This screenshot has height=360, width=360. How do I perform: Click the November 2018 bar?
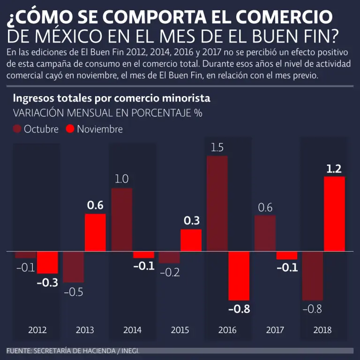pyautogui.click(x=334, y=214)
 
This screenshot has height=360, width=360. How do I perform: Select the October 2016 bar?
pyautogui.click(x=217, y=204)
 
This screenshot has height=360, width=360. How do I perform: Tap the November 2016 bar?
pyautogui.click(x=239, y=276)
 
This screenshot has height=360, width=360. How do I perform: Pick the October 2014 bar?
pyautogui.click(x=121, y=220)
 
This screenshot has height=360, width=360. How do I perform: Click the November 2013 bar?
pyautogui.click(x=95, y=233)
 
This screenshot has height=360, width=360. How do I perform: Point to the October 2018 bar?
pyautogui.click(x=313, y=276)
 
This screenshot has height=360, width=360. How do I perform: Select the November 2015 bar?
pyautogui.click(x=191, y=240)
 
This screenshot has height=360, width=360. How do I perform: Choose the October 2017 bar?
pyautogui.click(x=265, y=233)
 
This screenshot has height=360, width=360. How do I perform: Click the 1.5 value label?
pyautogui.click(x=217, y=148)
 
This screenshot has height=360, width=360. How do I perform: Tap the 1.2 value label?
pyautogui.click(x=334, y=169)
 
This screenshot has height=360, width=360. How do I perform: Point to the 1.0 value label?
pyautogui.click(x=121, y=179)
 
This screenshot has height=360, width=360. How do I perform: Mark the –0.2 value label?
pyautogui.click(x=169, y=272)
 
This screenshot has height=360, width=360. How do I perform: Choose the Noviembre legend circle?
pyautogui.click(x=70, y=129)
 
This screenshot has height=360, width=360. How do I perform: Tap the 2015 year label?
pyautogui.click(x=180, y=330)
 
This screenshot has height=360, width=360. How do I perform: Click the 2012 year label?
pyautogui.click(x=37, y=330)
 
